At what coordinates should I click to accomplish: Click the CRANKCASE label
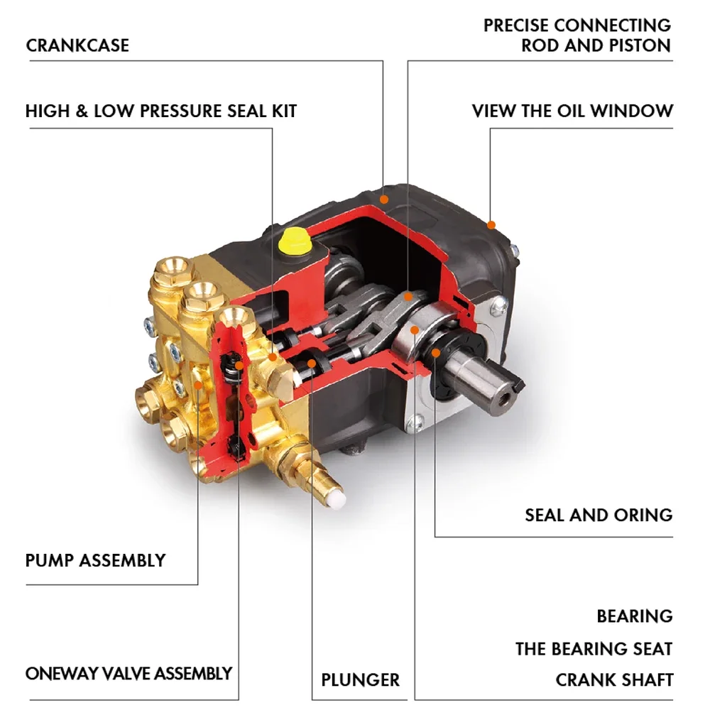(77, 45)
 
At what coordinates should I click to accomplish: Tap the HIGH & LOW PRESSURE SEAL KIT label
(160, 111)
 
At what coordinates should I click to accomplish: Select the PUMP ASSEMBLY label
(95, 560)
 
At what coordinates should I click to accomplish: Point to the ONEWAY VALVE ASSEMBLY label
(129, 673)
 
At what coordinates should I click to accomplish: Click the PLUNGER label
(360, 679)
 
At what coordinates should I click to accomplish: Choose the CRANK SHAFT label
(613, 679)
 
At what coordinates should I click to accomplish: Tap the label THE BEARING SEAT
(594, 648)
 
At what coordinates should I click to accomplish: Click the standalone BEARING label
(634, 616)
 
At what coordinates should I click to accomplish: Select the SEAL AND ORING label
(598, 514)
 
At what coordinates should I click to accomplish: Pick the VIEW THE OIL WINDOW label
(572, 111)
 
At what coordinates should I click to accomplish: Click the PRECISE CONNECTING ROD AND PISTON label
(577, 35)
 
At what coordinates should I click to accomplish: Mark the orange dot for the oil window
(491, 226)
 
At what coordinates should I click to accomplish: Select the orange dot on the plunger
(312, 364)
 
